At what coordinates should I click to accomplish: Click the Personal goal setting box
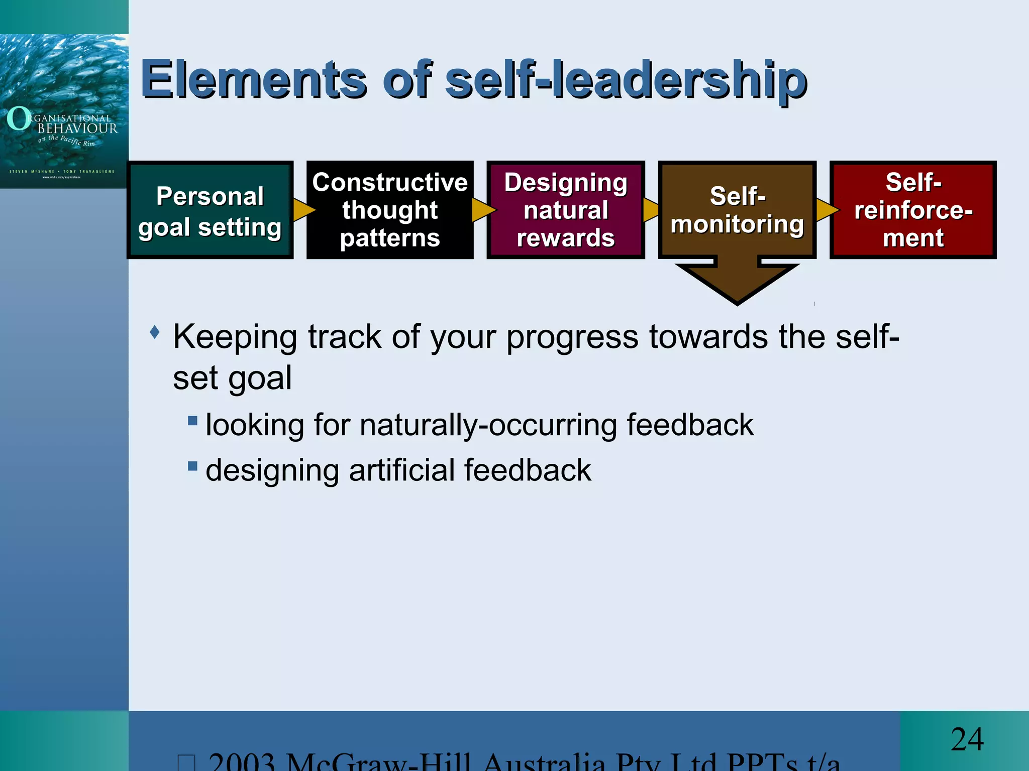pyautogui.click(x=210, y=210)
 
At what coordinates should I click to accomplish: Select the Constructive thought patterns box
pyautogui.click(x=390, y=210)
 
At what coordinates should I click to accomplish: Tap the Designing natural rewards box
pyautogui.click(x=566, y=210)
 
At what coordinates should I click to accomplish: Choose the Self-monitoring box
pyautogui.click(x=737, y=210)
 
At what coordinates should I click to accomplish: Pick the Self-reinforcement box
pyautogui.click(x=913, y=210)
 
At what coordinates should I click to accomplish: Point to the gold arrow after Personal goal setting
pyautogui.click(x=303, y=210)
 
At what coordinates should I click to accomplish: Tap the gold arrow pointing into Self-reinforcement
pyautogui.click(x=826, y=210)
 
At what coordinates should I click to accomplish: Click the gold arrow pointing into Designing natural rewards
pyautogui.click(x=482, y=210)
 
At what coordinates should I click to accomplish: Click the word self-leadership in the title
pyautogui.click(x=626, y=80)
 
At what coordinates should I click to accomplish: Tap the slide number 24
pyautogui.click(x=967, y=739)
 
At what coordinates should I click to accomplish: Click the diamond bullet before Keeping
pyautogui.click(x=155, y=332)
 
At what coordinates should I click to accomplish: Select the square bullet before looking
pyautogui.click(x=192, y=420)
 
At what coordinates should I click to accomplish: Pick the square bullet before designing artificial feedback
pyautogui.click(x=192, y=466)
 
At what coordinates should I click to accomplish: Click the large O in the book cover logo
pyautogui.click(x=19, y=118)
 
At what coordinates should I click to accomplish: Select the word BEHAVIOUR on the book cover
pyautogui.click(x=77, y=128)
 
